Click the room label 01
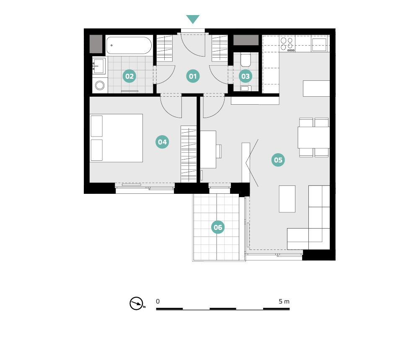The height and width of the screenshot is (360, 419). pos(193,76)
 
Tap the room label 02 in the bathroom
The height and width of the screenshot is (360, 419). pos(129,76)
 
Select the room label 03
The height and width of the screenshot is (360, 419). pos(245,76)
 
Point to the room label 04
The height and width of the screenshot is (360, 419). pos(162,142)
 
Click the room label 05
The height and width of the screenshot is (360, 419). pos(278,160)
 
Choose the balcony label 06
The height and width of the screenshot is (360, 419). pos(218,227)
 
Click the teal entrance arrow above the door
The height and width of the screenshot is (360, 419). pos(193,19)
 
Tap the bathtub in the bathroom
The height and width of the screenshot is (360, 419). pos(129,45)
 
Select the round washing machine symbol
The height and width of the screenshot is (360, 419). pos(100,85)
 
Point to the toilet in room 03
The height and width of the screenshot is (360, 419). pos(245,60)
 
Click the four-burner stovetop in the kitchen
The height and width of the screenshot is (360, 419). pos(287,44)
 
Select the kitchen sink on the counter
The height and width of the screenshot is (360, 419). pos(319,45)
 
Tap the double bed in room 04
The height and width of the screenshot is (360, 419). pos(116,138)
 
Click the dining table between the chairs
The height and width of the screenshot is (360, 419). pos(314,138)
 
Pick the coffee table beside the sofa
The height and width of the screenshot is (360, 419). pos(287,199)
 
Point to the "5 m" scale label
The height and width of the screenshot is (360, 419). pos(284,301)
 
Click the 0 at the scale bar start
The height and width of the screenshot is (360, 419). pos(158,301)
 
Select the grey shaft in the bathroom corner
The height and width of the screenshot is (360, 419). pos(96,44)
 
